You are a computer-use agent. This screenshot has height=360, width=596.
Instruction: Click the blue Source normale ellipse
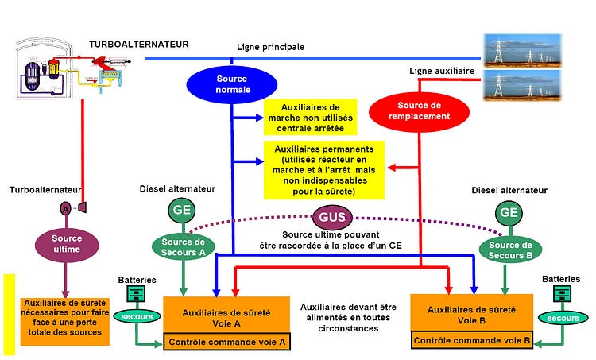232,83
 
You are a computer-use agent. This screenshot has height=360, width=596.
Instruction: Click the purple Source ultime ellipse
67,244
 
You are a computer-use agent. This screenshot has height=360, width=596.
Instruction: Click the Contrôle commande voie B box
471,341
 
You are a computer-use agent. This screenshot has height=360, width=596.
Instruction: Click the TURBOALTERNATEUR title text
138,45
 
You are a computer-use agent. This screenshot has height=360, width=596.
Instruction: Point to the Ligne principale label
271,47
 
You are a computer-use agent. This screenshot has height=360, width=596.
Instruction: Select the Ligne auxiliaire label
441,71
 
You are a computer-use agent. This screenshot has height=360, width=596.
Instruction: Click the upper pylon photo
522,49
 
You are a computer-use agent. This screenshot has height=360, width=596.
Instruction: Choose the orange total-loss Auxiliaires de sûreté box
64,320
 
